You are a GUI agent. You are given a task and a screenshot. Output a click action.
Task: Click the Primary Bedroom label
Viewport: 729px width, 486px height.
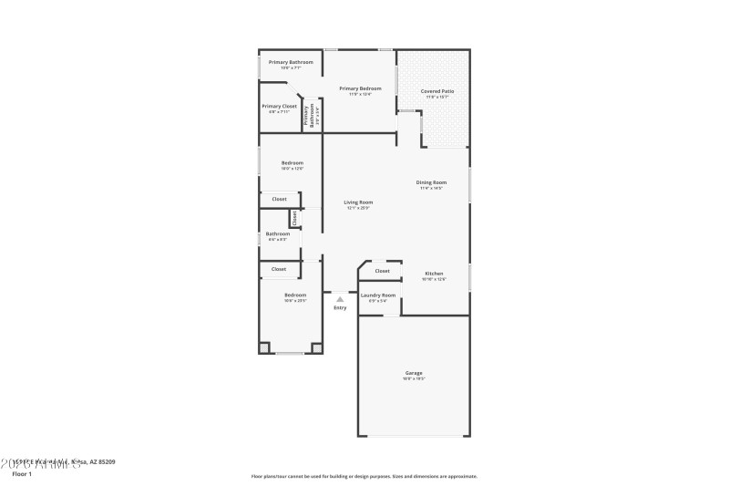click(360, 88)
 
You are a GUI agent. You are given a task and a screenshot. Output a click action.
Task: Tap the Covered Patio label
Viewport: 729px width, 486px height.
click(436, 91)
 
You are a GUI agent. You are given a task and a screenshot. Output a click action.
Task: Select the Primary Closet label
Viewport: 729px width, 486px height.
click(279, 107)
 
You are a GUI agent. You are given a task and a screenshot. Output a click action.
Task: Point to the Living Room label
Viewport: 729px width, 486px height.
click(357, 202)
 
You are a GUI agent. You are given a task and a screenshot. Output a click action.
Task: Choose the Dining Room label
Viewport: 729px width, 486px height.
click(432, 182)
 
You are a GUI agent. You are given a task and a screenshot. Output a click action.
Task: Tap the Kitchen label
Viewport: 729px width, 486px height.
click(434, 274)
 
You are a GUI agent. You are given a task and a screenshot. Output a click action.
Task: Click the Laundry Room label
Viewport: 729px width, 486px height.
click(377, 295)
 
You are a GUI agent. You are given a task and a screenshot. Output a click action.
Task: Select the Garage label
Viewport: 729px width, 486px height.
click(414, 373)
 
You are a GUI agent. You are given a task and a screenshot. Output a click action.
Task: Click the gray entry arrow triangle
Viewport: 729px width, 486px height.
click(340, 298)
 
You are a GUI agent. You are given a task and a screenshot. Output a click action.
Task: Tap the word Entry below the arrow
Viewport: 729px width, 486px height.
click(340, 308)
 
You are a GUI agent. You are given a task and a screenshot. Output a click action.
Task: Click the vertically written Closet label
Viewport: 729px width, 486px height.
click(294, 219)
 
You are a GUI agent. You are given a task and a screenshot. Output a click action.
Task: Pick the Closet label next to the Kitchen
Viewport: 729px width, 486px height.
click(382, 271)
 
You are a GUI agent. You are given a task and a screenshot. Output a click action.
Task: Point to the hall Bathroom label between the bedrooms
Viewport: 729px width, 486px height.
click(277, 234)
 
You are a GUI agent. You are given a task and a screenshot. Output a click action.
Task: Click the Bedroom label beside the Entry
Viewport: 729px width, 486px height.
click(294, 295)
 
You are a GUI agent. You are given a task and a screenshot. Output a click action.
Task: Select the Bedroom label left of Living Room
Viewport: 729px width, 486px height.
click(292, 163)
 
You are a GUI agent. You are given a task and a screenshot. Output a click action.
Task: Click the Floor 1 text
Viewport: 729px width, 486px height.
click(23, 474)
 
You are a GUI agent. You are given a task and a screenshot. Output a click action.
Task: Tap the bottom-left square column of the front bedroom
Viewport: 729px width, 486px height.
click(264, 347)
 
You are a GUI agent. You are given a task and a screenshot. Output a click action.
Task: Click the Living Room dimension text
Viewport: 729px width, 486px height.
click(357, 209)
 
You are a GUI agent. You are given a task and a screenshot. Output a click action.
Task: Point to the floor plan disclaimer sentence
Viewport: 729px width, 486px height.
click(364, 476)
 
